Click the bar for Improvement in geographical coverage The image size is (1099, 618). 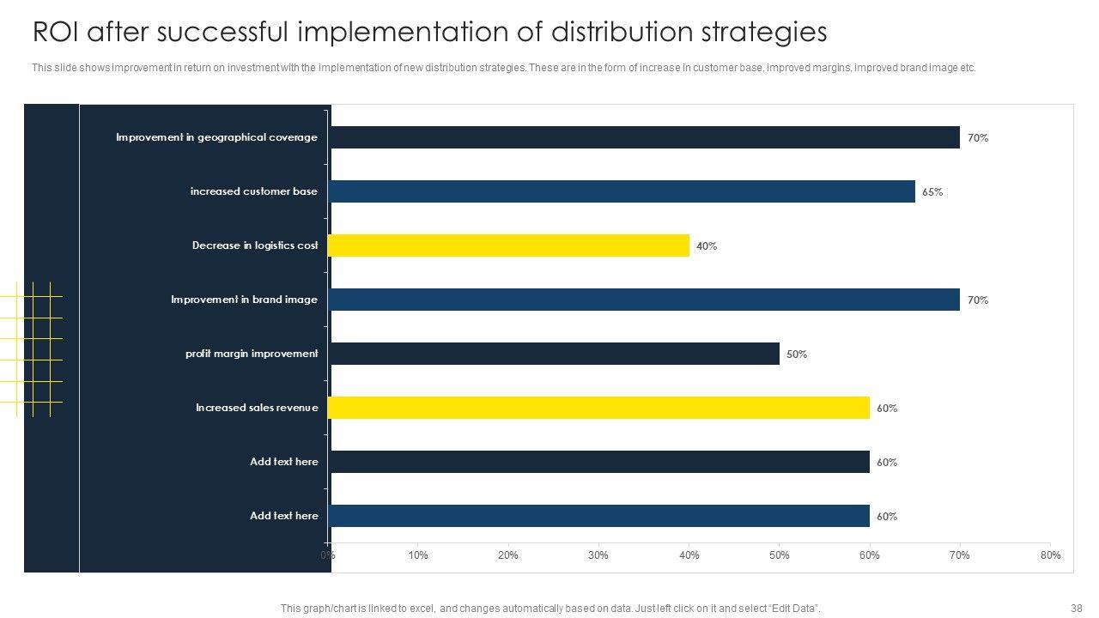[x=644, y=137]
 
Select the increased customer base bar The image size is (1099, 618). [x=622, y=191]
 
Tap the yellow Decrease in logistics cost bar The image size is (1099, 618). [x=508, y=245]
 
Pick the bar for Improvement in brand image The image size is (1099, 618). [x=644, y=300]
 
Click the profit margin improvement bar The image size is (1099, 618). [x=555, y=354]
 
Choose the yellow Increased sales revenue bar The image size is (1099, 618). [x=598, y=408]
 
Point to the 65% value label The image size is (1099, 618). [x=932, y=192]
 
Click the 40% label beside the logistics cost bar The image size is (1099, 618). [x=707, y=246]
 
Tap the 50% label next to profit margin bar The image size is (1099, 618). [x=797, y=354]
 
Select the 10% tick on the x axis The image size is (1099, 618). [x=418, y=555]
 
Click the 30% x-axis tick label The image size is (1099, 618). [x=598, y=555]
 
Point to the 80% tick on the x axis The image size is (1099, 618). [x=1050, y=555]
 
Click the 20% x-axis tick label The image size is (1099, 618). [x=508, y=555]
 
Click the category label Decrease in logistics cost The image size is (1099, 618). [x=255, y=245]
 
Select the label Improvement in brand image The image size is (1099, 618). [x=244, y=300]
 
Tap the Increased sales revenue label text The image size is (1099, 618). [x=257, y=408]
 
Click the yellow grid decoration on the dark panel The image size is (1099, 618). [x=34, y=348]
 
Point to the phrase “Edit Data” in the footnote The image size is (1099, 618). [x=792, y=609]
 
